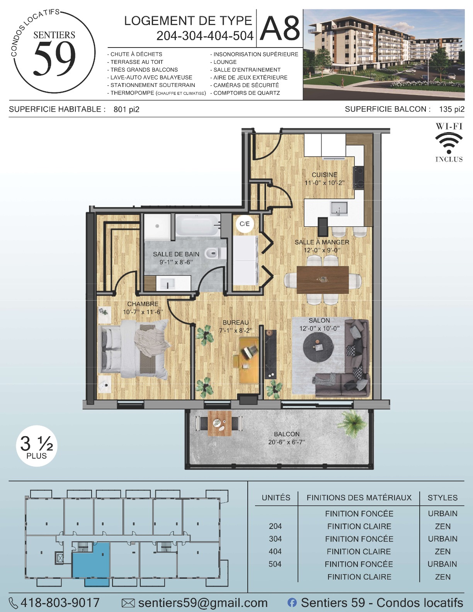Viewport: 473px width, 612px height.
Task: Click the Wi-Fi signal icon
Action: (449, 140)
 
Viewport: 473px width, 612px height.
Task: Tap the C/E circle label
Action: (245, 224)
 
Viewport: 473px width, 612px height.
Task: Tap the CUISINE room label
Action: (324, 175)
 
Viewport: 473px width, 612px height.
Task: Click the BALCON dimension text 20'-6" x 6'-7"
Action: (286, 442)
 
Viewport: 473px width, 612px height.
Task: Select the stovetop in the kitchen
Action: (359, 177)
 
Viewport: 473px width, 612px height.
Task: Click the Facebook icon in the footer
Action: (292, 602)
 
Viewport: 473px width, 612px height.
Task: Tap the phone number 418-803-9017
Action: (60, 602)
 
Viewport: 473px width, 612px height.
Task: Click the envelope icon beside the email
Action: (128, 603)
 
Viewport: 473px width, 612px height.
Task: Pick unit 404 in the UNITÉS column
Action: (275, 551)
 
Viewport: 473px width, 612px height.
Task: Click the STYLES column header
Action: (442, 498)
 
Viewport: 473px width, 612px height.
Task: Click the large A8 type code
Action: (280, 28)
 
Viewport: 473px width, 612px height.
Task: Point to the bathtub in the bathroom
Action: (198, 225)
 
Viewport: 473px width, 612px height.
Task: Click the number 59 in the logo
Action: (54, 58)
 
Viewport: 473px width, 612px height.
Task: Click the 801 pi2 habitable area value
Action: (126, 109)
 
